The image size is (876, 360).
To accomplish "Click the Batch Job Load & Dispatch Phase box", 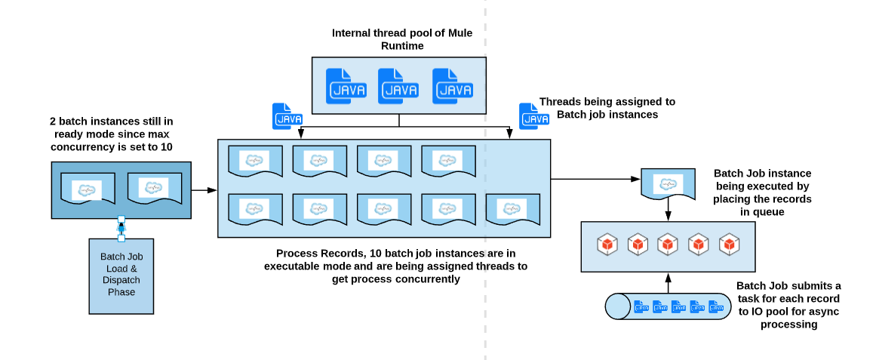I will coord(121,275).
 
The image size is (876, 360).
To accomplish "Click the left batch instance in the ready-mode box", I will coord(87,189).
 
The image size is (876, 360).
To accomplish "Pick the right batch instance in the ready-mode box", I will coord(154,189).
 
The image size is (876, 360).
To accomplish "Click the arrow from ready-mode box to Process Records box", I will coord(202,190).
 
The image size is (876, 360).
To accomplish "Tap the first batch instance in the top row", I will coord(254,161).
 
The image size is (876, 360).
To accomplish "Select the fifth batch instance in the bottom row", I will coord(512,209).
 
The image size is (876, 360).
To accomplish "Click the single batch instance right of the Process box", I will coord(667,183).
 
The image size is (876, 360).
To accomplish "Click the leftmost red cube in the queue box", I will coord(607,245).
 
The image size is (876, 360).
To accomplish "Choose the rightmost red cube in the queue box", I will coord(728,245).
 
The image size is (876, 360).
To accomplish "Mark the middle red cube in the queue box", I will coord(668,245).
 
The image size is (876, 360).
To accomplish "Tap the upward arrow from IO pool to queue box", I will coord(668,282).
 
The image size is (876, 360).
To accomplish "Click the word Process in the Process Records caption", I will coord(295,253).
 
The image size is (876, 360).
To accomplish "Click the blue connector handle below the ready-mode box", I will coord(121,229).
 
